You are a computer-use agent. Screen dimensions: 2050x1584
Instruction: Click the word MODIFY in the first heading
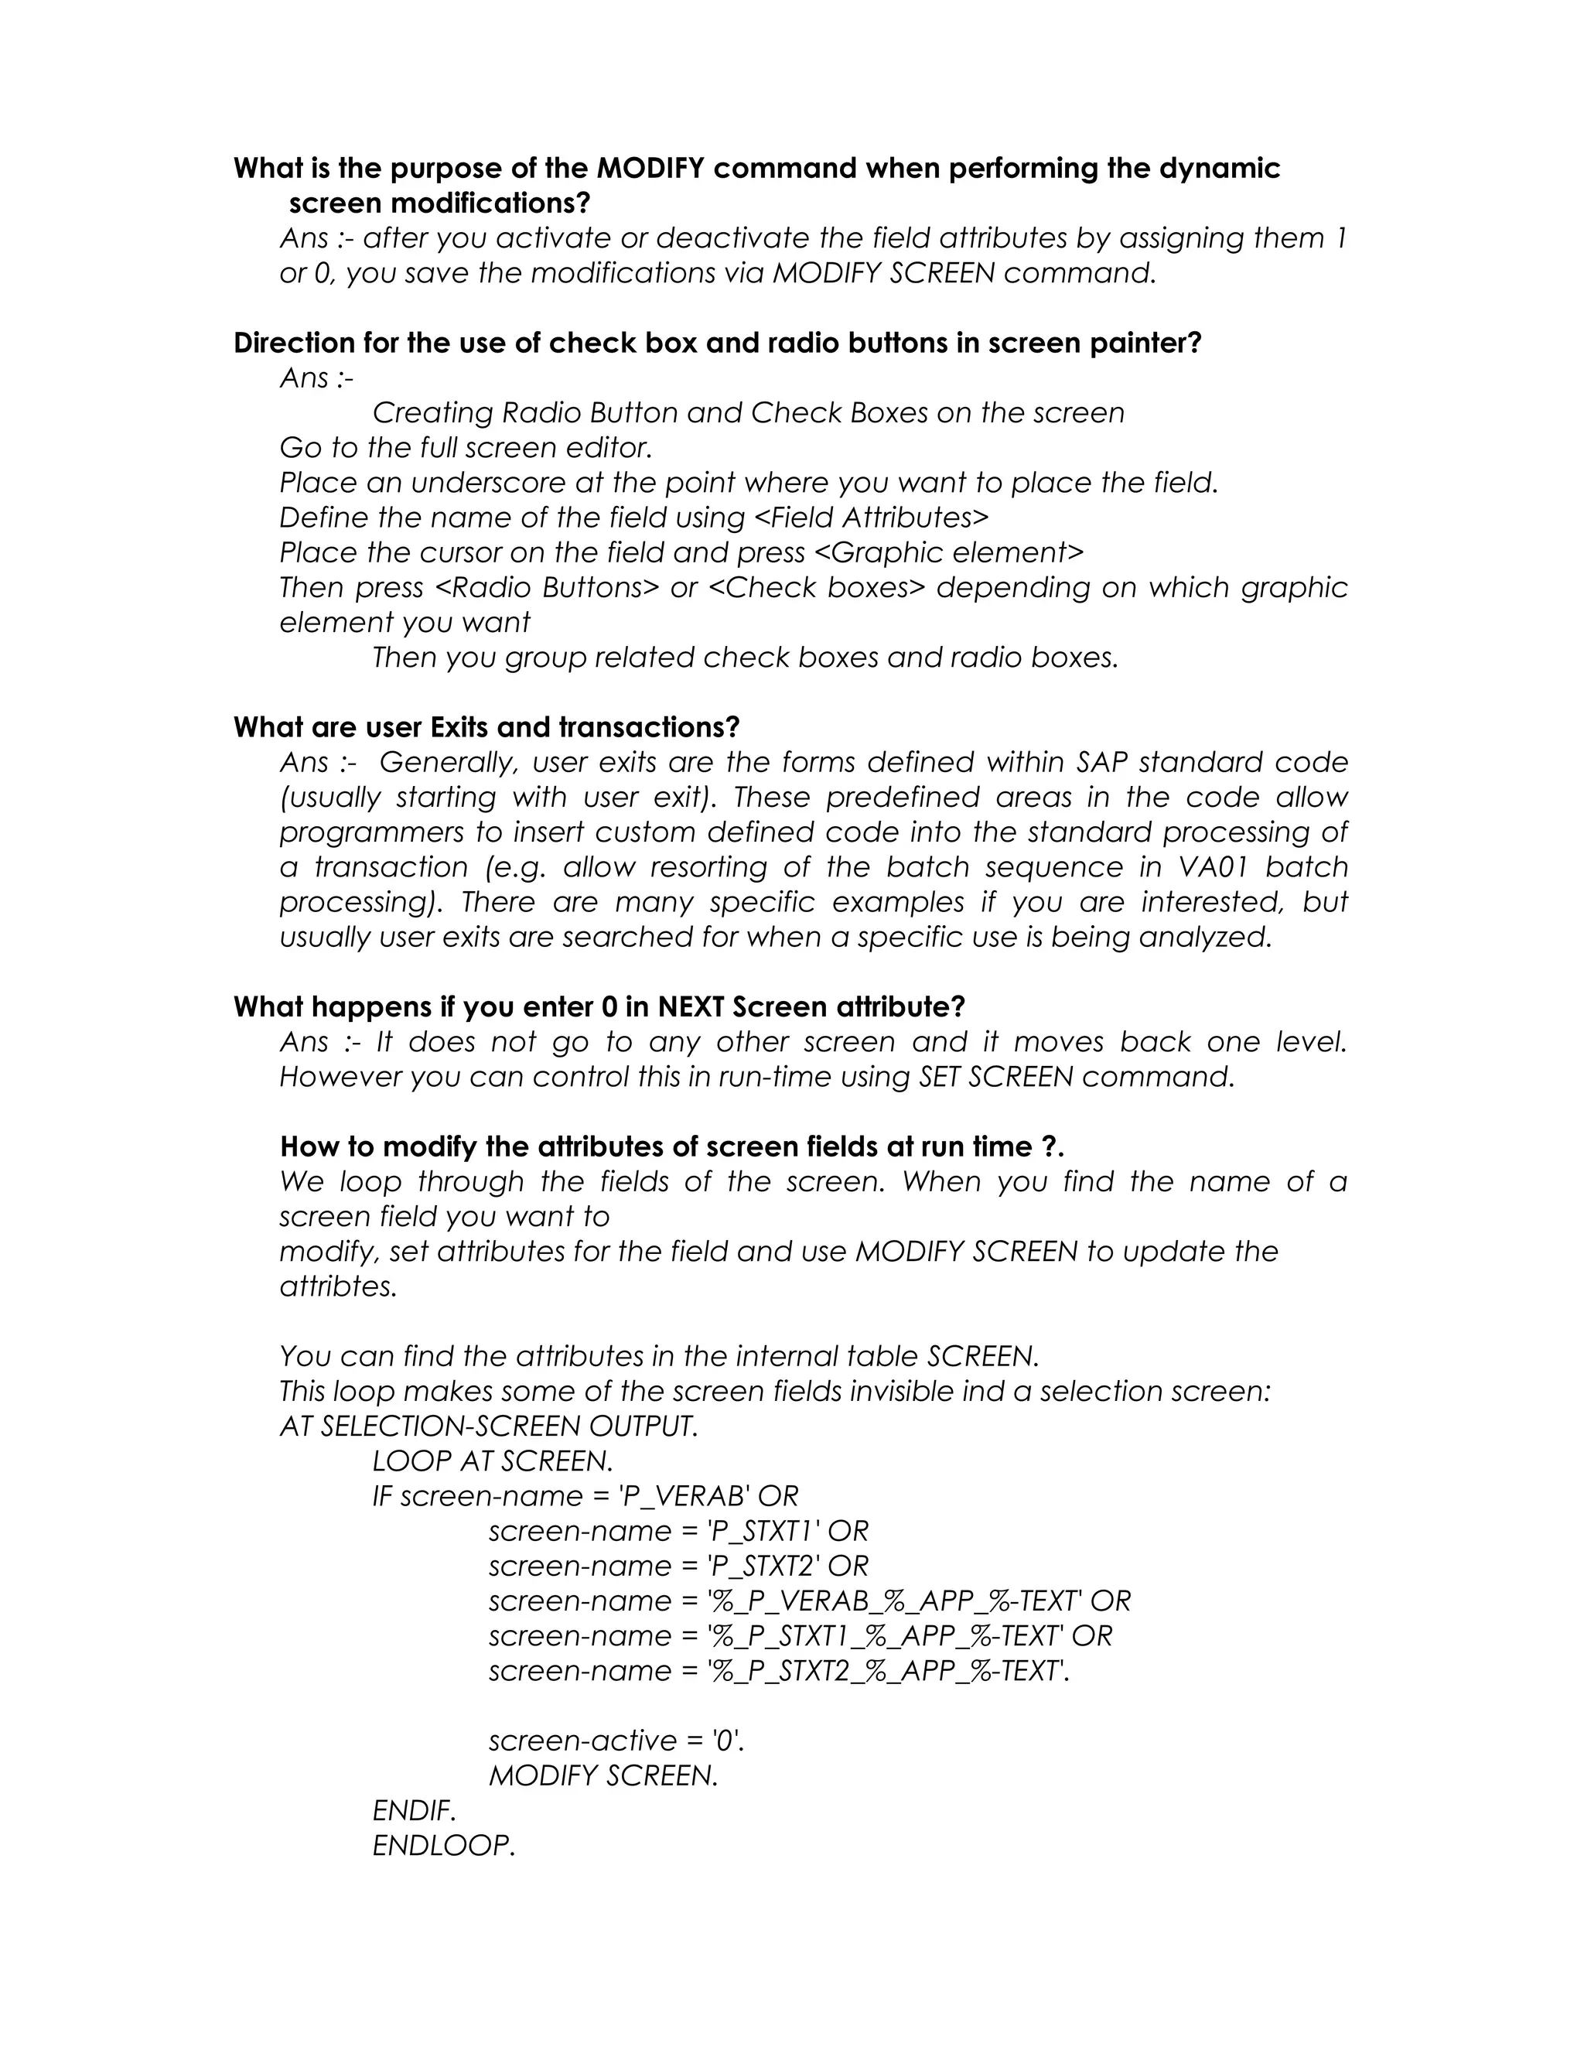click(x=650, y=169)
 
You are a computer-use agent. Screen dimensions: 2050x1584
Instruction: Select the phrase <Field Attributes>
click(x=871, y=518)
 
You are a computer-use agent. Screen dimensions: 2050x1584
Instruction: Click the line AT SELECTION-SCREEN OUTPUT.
click(x=489, y=1426)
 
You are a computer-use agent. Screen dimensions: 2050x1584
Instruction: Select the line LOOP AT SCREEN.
click(x=493, y=1461)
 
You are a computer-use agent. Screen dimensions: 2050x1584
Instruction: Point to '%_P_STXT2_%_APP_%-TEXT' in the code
click(x=886, y=1672)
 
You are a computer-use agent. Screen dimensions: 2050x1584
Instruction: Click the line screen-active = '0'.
click(x=616, y=1741)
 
